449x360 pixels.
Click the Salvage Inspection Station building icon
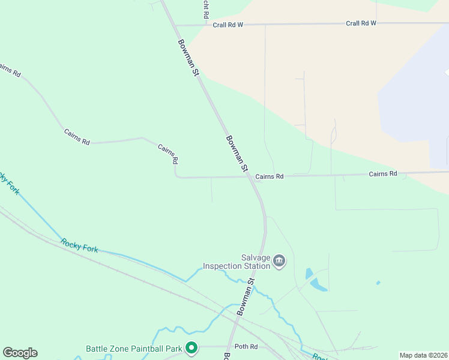point(279,261)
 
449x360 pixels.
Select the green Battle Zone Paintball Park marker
point(191,347)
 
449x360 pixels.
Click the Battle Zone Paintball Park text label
point(133,348)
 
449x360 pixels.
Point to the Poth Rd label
point(246,347)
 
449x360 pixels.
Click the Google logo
point(20,353)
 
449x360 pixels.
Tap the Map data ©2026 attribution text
point(423,355)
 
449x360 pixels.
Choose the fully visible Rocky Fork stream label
point(79,245)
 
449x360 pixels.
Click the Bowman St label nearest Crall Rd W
point(188,58)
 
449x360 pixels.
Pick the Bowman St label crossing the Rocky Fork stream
point(246,297)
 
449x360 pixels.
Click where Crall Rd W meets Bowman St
point(174,26)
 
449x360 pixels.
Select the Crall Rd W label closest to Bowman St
point(228,25)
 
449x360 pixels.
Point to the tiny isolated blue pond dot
point(378,282)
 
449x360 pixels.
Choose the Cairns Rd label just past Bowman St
point(269,176)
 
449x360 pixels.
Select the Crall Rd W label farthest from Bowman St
point(361,23)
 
